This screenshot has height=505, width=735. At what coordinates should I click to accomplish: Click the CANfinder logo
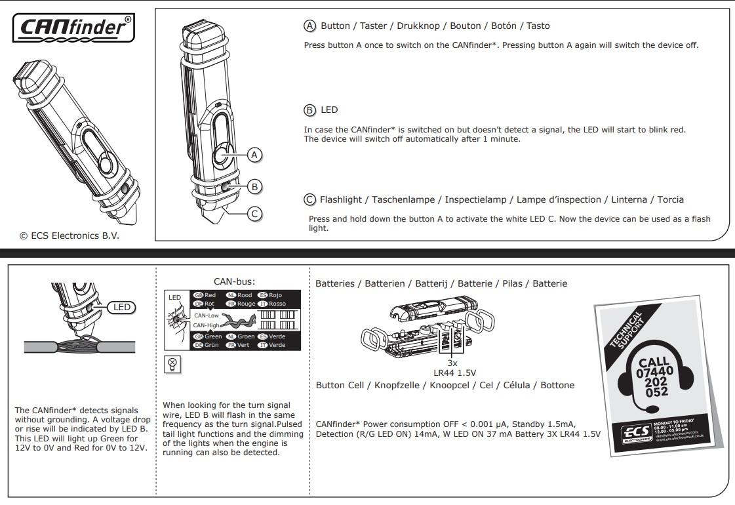pos(73,27)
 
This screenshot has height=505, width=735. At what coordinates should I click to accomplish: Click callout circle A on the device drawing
pos(254,155)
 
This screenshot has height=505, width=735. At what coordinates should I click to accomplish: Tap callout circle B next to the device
pos(254,187)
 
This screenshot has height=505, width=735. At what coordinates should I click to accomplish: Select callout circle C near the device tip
pos(254,214)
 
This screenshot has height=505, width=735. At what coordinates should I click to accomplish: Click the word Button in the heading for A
pos(335,26)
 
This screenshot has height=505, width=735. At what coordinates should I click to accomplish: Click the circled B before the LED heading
pos(309,110)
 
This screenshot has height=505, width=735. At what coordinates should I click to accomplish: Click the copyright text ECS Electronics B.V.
pos(70,235)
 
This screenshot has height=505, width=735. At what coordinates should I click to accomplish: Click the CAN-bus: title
pos(234,282)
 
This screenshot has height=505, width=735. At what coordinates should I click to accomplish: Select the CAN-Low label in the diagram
pos(206,315)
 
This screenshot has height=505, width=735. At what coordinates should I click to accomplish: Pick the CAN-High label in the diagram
pos(206,325)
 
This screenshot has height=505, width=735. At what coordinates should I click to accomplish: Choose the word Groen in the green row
pos(246,336)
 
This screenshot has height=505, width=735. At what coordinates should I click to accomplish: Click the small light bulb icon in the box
pos(172,364)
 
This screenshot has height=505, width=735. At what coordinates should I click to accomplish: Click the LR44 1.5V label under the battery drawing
pos(452,372)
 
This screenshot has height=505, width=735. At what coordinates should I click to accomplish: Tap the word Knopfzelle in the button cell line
pos(399,385)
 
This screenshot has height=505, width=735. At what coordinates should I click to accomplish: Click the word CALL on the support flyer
pos(654,362)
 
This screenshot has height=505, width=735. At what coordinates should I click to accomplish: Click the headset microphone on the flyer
pos(652,409)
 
